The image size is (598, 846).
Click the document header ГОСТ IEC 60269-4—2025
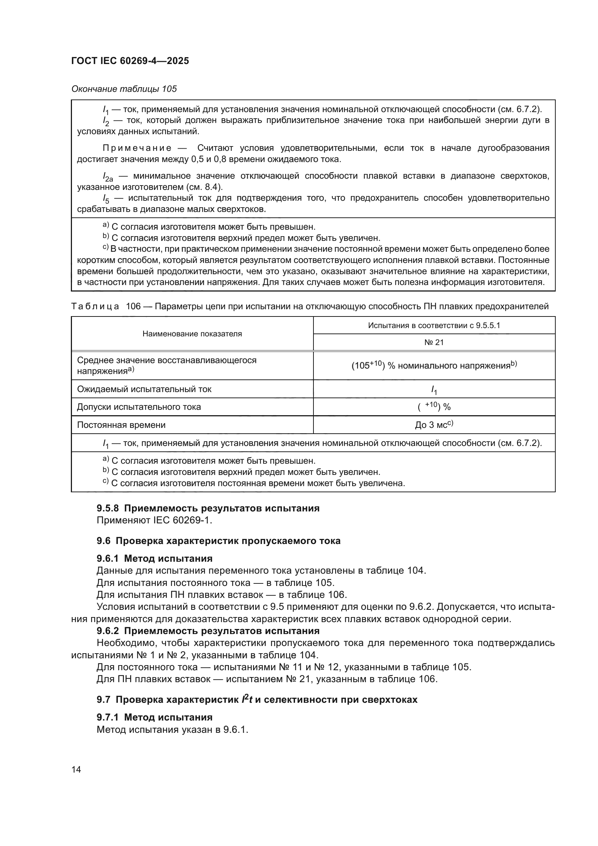click(x=130, y=61)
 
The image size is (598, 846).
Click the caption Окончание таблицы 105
click(x=124, y=89)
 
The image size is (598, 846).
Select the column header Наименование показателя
click(x=192, y=334)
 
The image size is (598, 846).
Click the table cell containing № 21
click(x=434, y=342)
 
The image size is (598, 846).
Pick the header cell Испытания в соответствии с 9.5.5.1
click(x=434, y=326)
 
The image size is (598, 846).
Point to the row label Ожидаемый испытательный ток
click(x=144, y=389)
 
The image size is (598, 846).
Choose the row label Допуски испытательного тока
click(x=139, y=407)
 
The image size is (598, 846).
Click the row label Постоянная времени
click(x=121, y=425)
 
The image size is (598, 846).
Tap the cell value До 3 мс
click(x=434, y=425)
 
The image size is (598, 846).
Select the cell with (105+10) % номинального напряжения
click(x=434, y=366)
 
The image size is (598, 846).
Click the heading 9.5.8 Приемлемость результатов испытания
click(x=208, y=508)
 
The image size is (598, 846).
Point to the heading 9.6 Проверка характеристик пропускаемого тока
click(x=218, y=540)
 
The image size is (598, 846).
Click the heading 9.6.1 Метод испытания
click(x=155, y=558)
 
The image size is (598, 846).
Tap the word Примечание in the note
click(x=137, y=148)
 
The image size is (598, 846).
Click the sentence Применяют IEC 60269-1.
click(x=154, y=520)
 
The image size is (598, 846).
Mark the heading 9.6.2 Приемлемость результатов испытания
click(x=208, y=630)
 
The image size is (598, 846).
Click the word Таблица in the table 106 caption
click(x=95, y=306)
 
